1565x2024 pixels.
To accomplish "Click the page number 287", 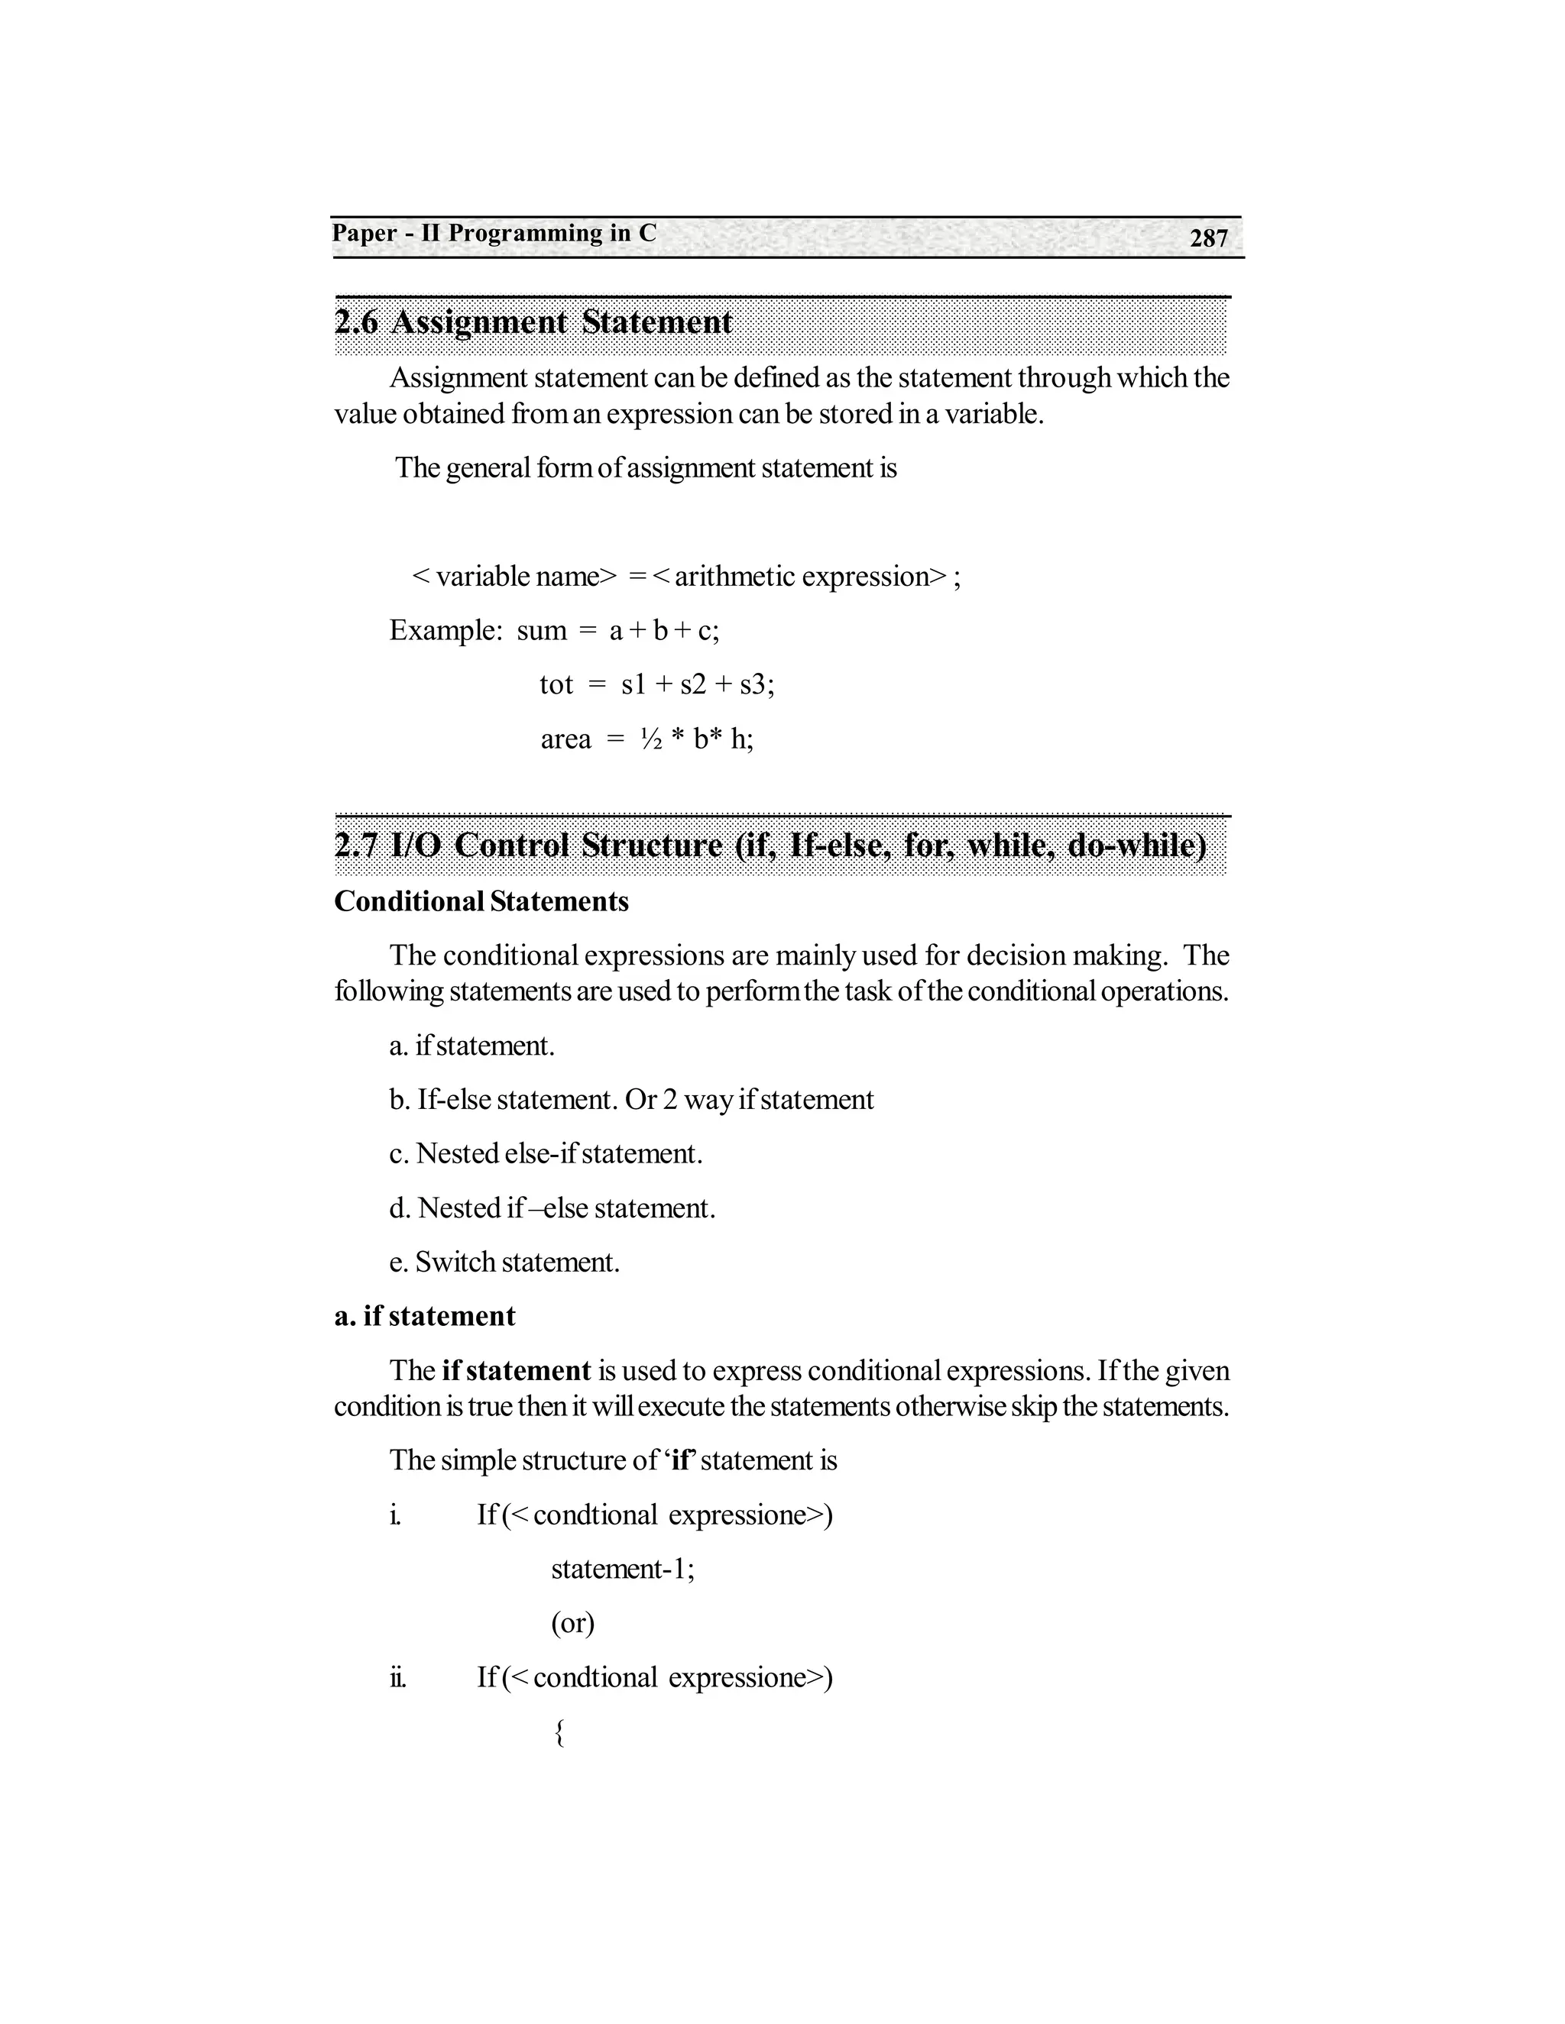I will [x=1208, y=239].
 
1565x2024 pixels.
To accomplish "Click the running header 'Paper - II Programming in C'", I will [x=494, y=234].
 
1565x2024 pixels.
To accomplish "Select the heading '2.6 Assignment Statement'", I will [x=533, y=322].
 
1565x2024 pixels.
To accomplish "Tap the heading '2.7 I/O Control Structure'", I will [x=770, y=845].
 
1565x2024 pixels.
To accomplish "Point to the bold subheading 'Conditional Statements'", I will [x=481, y=902].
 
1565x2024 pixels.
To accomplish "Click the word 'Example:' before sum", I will [x=445, y=631].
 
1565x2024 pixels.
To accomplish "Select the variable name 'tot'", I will [x=556, y=685].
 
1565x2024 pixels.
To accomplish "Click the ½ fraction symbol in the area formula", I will [x=651, y=739].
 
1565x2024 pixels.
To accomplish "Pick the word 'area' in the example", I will [x=565, y=739].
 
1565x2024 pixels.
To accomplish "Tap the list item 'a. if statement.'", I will [x=472, y=1046].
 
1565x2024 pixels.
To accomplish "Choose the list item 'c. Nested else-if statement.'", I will [x=546, y=1154].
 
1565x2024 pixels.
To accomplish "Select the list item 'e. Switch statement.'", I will [x=504, y=1263].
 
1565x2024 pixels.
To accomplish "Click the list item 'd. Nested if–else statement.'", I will [x=552, y=1208].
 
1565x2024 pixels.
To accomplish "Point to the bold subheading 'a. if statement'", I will [x=425, y=1317].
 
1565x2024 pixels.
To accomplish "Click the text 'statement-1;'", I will [x=623, y=1569].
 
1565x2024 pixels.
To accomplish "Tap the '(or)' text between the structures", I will [x=573, y=1623].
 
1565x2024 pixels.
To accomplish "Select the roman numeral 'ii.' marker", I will [x=397, y=1677].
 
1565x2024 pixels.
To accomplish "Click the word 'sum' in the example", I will [x=542, y=631].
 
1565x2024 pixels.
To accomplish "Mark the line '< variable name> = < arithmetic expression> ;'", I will [x=686, y=577].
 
